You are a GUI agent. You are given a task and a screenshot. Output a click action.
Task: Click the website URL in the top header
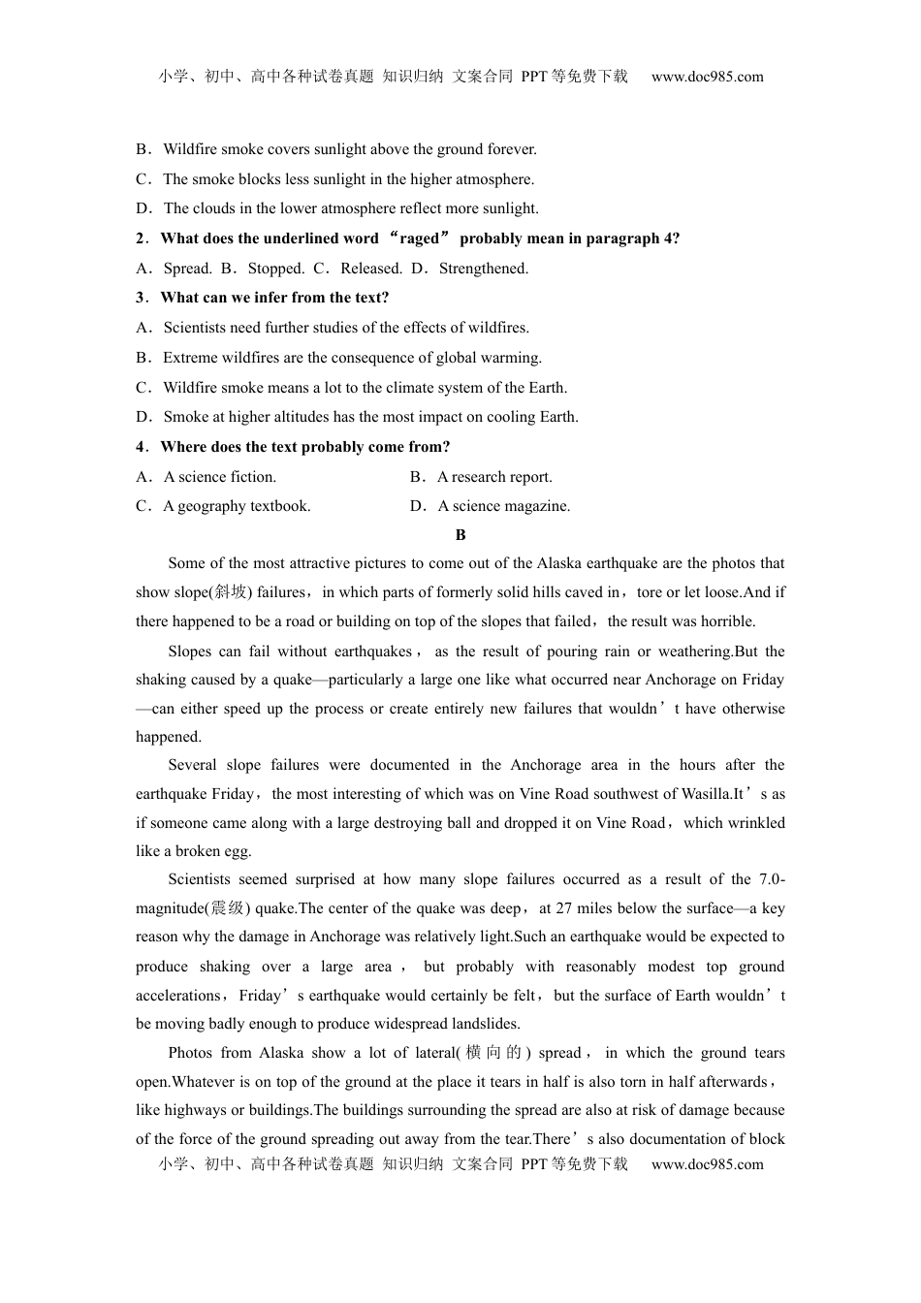click(707, 77)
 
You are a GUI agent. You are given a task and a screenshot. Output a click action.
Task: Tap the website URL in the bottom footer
click(707, 1164)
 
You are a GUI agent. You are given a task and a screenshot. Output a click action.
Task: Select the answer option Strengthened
click(483, 269)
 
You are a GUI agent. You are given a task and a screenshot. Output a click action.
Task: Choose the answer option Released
click(371, 269)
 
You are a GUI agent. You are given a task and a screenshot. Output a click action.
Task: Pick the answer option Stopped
click(275, 269)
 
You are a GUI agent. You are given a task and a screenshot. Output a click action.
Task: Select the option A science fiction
click(220, 477)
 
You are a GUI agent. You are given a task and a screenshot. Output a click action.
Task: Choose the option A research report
click(494, 477)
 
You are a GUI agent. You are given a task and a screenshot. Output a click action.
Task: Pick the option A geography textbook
click(237, 506)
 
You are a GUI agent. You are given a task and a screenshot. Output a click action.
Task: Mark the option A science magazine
click(504, 506)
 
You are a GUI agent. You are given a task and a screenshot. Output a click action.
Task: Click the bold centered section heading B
click(460, 535)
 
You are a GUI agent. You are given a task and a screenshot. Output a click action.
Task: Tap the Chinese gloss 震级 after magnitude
click(228, 908)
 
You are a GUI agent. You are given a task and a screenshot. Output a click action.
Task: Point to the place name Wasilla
click(704, 794)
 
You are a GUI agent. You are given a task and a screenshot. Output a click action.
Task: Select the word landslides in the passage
click(485, 1024)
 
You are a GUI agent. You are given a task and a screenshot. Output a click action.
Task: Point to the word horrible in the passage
click(725, 621)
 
